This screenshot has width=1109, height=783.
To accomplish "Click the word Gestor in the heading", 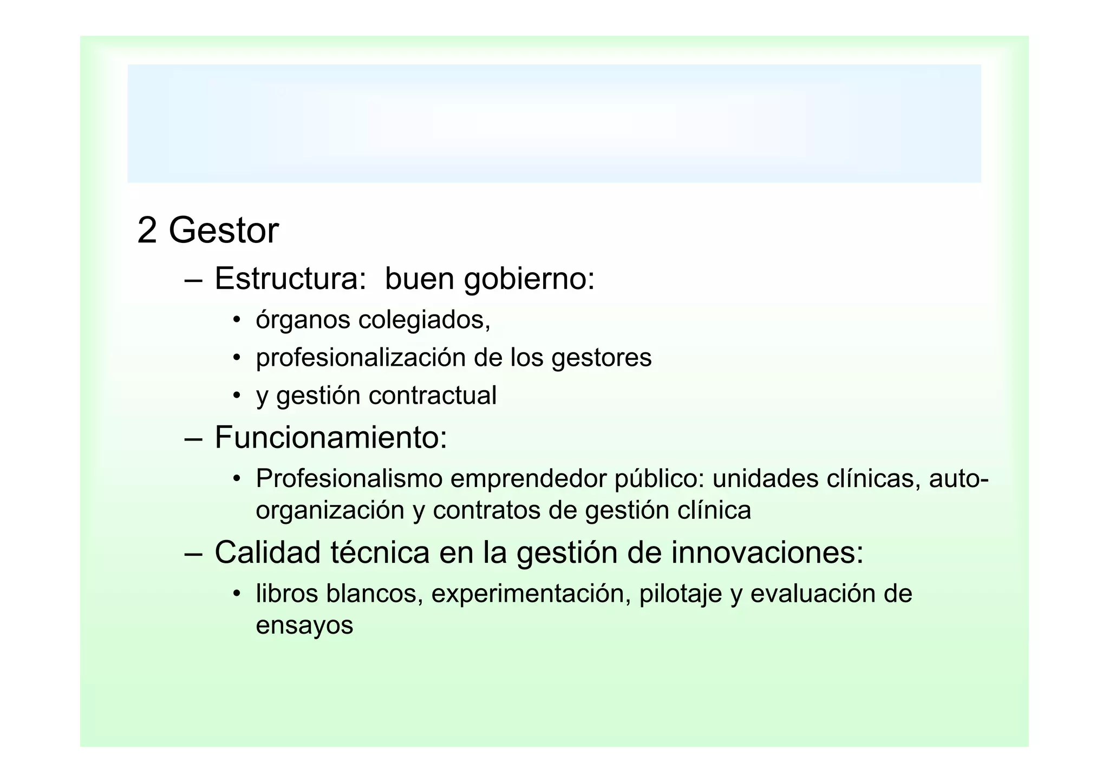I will [224, 231].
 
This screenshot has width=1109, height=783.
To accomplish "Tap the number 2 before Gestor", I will [147, 231].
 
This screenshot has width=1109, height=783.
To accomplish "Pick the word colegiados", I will [424, 320].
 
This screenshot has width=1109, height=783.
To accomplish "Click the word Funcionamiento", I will [330, 437].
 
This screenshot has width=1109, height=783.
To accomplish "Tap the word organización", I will [330, 511].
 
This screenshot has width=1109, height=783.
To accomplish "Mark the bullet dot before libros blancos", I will [236, 594].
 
